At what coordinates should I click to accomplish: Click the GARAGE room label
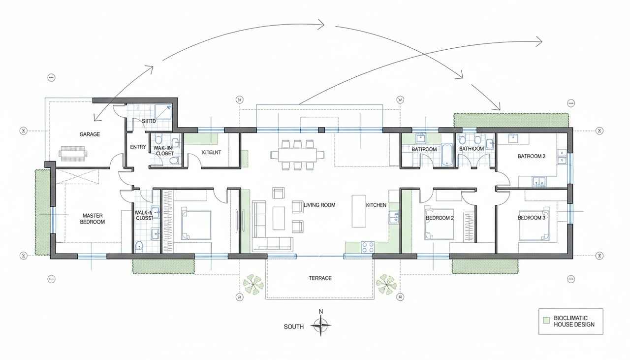point(90,134)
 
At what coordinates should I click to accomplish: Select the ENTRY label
point(137,147)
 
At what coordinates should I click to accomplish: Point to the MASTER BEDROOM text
point(94,219)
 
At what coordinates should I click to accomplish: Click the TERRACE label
point(320,278)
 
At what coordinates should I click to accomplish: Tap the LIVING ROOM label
point(319,205)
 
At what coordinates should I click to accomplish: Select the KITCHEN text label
point(376,205)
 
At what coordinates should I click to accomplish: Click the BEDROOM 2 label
point(440,218)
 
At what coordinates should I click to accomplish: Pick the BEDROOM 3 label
point(532,218)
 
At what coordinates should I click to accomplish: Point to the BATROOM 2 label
point(532,156)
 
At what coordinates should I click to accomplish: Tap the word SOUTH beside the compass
point(294,327)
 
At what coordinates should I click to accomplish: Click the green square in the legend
point(546,321)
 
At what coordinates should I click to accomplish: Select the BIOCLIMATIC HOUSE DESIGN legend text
point(574,321)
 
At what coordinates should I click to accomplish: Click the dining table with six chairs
point(297,155)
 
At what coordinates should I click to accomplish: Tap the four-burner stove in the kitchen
point(367,247)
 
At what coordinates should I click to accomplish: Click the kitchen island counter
point(358,211)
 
